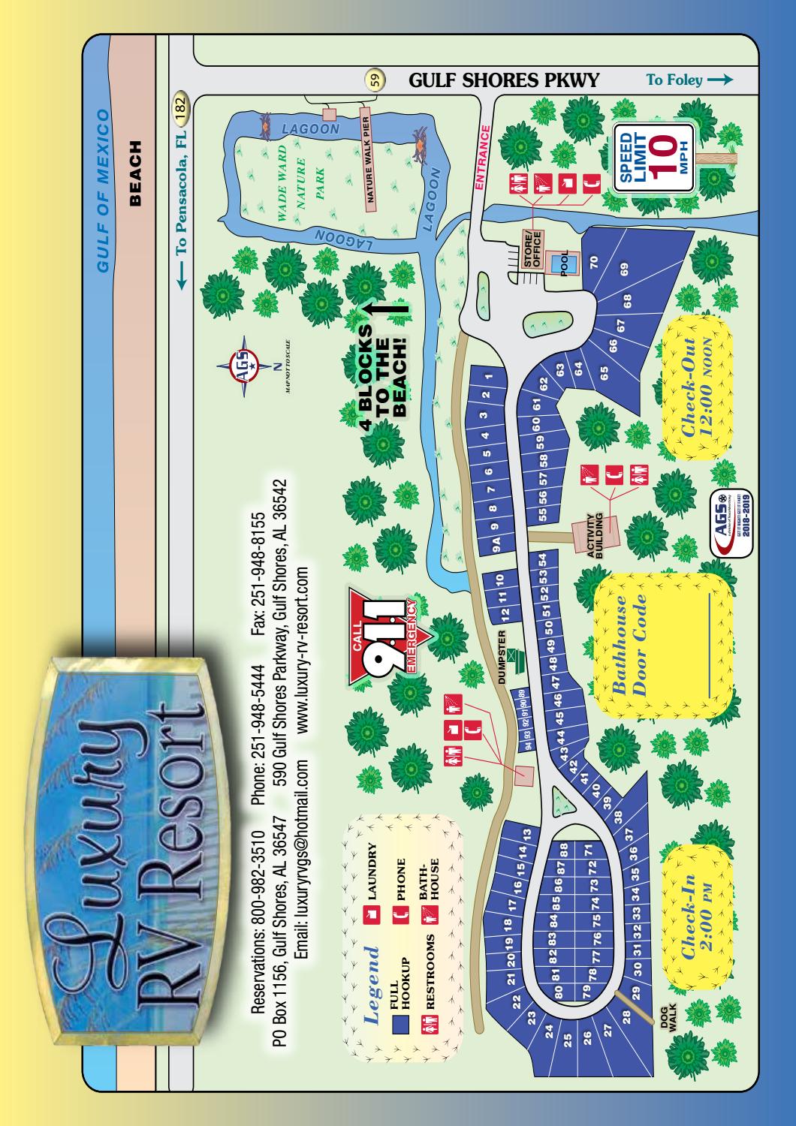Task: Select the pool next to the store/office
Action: click(568, 262)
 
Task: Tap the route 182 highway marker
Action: click(180, 106)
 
